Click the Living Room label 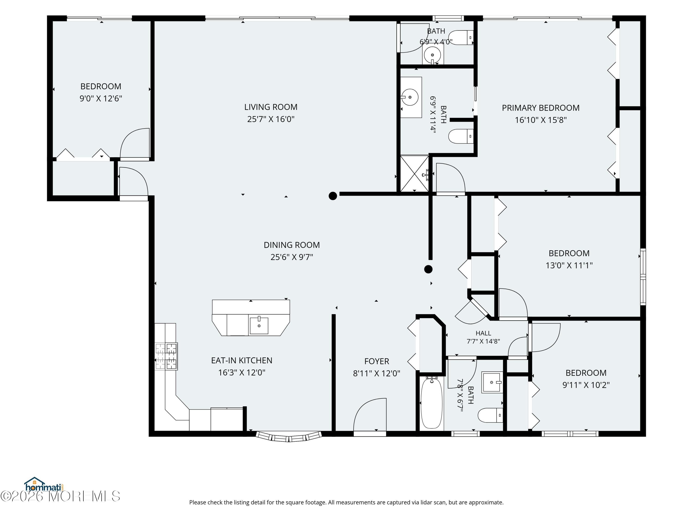coord(271,107)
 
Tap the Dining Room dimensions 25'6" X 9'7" coord(292,257)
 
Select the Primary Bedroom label coord(541,108)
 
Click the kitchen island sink coord(259,326)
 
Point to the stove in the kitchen coord(166,356)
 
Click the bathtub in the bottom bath coord(432,403)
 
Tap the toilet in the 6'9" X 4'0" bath coord(461,38)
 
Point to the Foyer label coord(377,361)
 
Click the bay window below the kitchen coord(289,436)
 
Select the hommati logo coord(44,485)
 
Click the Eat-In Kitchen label coord(242,361)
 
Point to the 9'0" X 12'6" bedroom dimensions coord(100,98)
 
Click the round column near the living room coord(333,196)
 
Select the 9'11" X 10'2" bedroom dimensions coord(586,385)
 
